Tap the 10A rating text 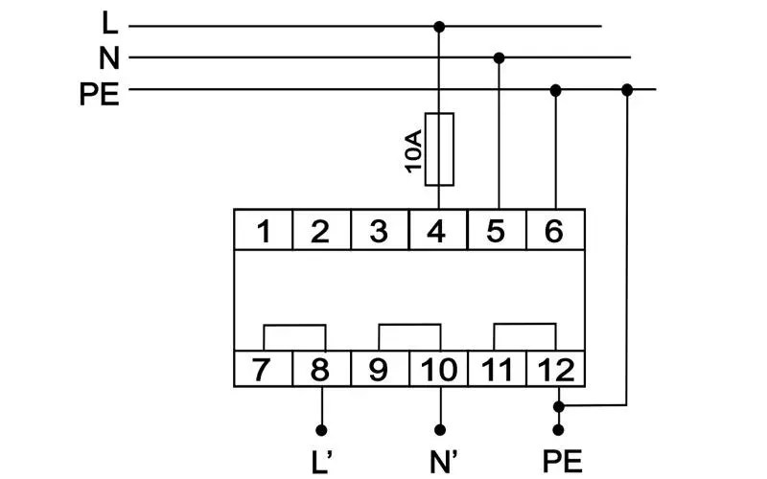(x=413, y=151)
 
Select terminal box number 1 (x=263, y=230)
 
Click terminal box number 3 (x=380, y=230)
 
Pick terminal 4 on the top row (x=438, y=230)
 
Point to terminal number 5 (x=497, y=230)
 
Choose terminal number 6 (x=555, y=230)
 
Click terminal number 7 (x=263, y=369)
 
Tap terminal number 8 (x=321, y=369)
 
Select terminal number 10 (x=438, y=369)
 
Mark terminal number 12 (x=555, y=369)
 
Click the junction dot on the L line (x=439, y=27)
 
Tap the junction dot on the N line (x=499, y=58)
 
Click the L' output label (x=321, y=462)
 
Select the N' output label (x=444, y=462)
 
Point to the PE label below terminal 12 (x=563, y=462)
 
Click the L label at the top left (x=110, y=22)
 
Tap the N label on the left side (x=109, y=58)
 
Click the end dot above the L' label (x=321, y=430)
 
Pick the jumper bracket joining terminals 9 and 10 (x=410, y=324)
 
